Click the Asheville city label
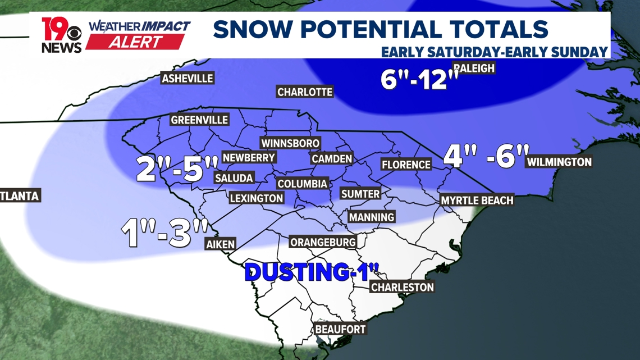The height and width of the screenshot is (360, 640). coord(188,78)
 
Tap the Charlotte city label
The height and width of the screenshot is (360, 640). coord(305,92)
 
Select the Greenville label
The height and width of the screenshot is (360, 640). coord(199,120)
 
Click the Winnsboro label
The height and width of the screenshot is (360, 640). coord(290,144)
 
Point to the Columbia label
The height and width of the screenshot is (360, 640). coord(302,184)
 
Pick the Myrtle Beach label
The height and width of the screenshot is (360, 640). coord(477,200)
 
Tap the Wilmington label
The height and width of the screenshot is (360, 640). coord(559,162)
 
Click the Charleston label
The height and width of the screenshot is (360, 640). coord(402,287)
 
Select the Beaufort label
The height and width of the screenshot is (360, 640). coord(340,329)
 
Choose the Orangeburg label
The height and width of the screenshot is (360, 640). coord(323,242)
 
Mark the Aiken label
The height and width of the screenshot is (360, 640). coord(221,244)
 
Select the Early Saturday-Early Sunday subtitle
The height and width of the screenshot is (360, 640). coord(494,52)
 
